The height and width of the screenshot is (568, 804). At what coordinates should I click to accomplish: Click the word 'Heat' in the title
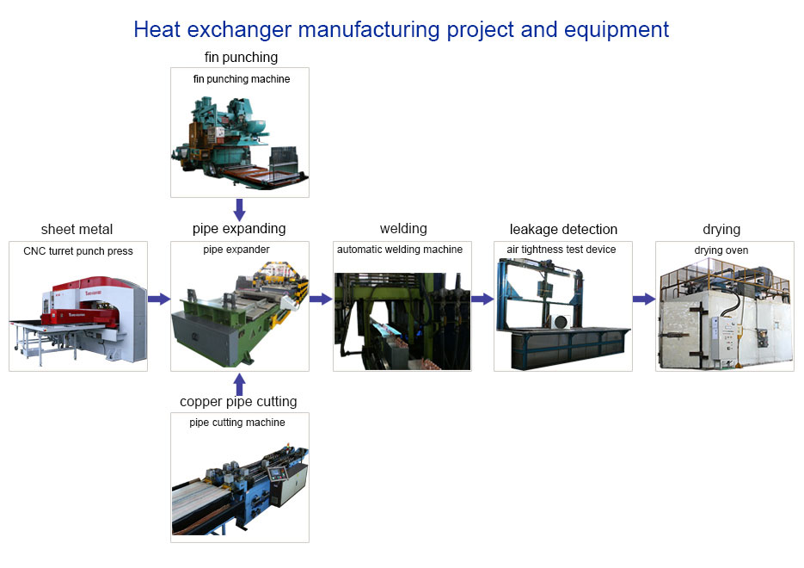157,30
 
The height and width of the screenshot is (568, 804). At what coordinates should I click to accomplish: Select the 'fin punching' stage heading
241,57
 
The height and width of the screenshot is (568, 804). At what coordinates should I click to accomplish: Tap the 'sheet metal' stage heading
77,229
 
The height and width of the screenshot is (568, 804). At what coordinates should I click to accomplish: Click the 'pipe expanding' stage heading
239,229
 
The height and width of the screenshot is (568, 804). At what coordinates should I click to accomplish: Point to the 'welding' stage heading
403,228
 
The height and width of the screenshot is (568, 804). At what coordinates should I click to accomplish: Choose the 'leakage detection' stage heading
563,229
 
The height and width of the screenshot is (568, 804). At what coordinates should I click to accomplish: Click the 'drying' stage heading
721,229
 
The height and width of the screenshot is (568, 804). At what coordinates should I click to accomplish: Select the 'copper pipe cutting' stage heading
238,401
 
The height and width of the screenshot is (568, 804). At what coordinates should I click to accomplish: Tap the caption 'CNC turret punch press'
78,251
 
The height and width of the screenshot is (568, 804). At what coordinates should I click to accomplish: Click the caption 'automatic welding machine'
400,250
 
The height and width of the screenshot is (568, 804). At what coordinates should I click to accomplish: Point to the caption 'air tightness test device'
562,250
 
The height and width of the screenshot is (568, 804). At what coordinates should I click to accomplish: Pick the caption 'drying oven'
721,250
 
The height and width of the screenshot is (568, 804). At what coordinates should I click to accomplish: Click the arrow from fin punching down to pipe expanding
239,210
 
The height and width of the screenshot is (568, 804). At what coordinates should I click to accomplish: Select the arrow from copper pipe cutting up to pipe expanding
239,384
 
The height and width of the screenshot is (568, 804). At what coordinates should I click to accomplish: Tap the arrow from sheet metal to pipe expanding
159,299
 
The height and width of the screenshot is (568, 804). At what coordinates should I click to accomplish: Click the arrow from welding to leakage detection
482,299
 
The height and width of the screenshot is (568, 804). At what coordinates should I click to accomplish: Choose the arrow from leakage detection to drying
644,299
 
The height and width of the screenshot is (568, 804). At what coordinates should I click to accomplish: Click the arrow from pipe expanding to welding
321,299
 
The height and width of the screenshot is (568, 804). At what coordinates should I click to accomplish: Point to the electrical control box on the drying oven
722,337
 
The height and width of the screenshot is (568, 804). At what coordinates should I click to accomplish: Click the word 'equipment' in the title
617,30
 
